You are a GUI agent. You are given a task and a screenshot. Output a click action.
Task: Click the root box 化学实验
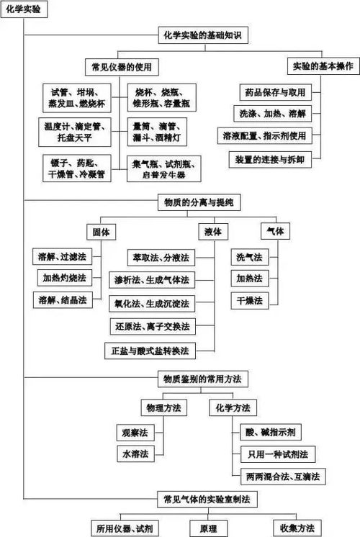24,7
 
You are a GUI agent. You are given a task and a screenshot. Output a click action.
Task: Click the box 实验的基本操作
323,66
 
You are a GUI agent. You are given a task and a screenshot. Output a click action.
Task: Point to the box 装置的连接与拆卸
274,158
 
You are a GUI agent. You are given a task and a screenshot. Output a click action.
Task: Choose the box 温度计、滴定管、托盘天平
73,130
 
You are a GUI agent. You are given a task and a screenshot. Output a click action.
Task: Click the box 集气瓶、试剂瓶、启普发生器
163,169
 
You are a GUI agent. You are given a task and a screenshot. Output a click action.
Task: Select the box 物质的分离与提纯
195,203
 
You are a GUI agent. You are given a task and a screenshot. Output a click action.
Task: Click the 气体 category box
275,232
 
